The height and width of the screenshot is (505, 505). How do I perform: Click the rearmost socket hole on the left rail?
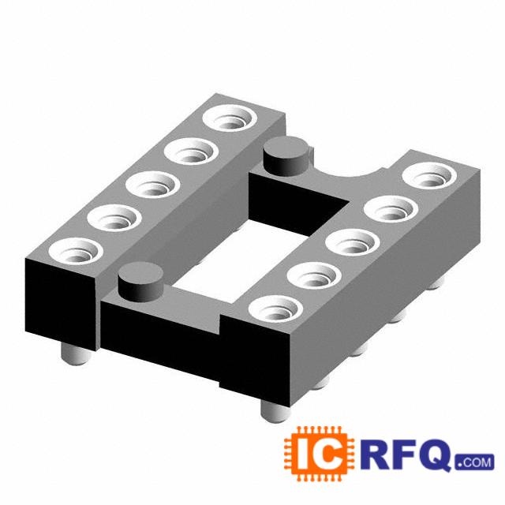[x=230, y=118]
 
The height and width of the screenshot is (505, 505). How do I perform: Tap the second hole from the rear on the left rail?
[x=191, y=151]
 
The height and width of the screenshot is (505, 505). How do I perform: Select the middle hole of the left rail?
[x=152, y=185]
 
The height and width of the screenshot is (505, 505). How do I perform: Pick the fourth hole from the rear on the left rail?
[x=114, y=218]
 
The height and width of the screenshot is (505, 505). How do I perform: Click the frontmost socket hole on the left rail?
[x=76, y=251]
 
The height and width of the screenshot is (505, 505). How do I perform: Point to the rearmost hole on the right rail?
[x=429, y=177]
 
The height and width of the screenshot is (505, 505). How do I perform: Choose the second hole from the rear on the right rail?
[x=391, y=209]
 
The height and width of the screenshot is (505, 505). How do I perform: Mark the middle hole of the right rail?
[x=353, y=242]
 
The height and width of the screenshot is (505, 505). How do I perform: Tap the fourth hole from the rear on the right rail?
[x=314, y=275]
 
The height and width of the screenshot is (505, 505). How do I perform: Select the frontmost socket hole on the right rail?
[x=275, y=309]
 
